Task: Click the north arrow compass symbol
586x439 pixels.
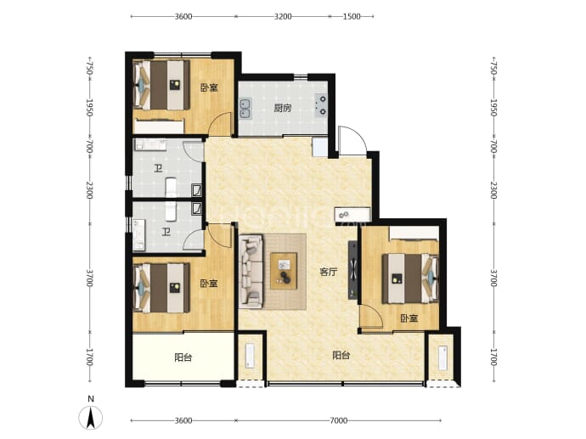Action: coord(90,416)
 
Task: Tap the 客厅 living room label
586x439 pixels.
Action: coord(328,272)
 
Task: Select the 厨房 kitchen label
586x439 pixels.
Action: coord(282,109)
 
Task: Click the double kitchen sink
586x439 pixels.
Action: coord(245,109)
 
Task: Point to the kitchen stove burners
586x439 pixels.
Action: coord(321,105)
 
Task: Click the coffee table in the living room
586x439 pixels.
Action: coord(284,271)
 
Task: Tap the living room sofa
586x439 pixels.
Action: coord(251,271)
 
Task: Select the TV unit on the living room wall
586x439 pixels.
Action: coord(352,270)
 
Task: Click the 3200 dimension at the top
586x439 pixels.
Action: coord(283,16)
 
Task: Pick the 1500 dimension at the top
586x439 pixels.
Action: coord(352,16)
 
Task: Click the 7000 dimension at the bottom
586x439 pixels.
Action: coord(339,420)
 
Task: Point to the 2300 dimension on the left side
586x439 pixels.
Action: coord(89,190)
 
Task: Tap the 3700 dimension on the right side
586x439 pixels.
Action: coord(493,278)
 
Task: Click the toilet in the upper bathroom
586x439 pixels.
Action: coord(171,187)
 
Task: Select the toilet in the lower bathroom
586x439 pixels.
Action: coord(171,211)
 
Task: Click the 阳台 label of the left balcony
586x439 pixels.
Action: coord(183,357)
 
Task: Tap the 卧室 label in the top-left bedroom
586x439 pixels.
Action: coord(209,87)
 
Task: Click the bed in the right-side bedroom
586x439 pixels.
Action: coord(410,279)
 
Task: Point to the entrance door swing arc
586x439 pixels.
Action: coord(353,140)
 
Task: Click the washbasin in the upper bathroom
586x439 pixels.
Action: coord(150,144)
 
